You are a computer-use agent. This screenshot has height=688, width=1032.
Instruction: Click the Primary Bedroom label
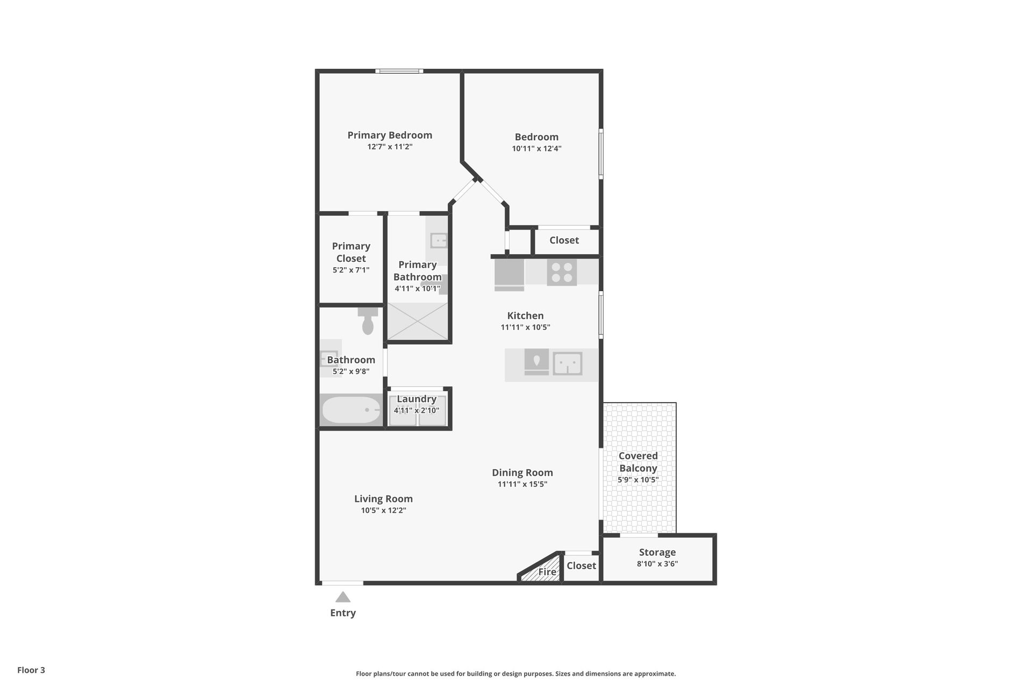point(390,135)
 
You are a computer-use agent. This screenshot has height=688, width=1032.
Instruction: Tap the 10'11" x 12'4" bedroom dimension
point(536,149)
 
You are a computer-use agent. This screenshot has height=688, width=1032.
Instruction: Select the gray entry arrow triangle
point(343,597)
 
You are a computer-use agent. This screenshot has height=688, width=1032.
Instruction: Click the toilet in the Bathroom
point(368,321)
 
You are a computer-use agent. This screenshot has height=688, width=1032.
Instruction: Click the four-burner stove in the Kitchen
point(562,272)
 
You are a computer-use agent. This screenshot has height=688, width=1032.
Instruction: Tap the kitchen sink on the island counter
point(568,363)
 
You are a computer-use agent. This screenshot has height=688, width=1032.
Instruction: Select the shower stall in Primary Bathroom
point(418,321)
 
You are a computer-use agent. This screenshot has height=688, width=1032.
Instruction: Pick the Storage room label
point(657,553)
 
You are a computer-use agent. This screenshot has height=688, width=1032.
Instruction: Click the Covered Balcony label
point(638,462)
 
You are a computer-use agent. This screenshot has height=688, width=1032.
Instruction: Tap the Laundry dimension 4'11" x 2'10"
point(417,411)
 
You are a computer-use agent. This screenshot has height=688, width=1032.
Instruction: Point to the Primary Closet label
point(351,252)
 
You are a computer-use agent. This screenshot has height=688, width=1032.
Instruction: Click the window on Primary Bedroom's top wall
point(399,71)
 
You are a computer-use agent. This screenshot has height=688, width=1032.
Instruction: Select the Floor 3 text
point(31,670)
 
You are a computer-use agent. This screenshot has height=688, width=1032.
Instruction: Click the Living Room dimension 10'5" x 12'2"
point(384,511)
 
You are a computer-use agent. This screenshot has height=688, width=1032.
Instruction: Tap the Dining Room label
point(522,473)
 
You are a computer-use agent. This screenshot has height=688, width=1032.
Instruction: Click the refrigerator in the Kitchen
point(509,275)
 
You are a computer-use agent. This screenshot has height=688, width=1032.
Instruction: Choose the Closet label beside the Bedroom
point(564,240)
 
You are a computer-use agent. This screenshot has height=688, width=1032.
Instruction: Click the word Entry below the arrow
point(343,613)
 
